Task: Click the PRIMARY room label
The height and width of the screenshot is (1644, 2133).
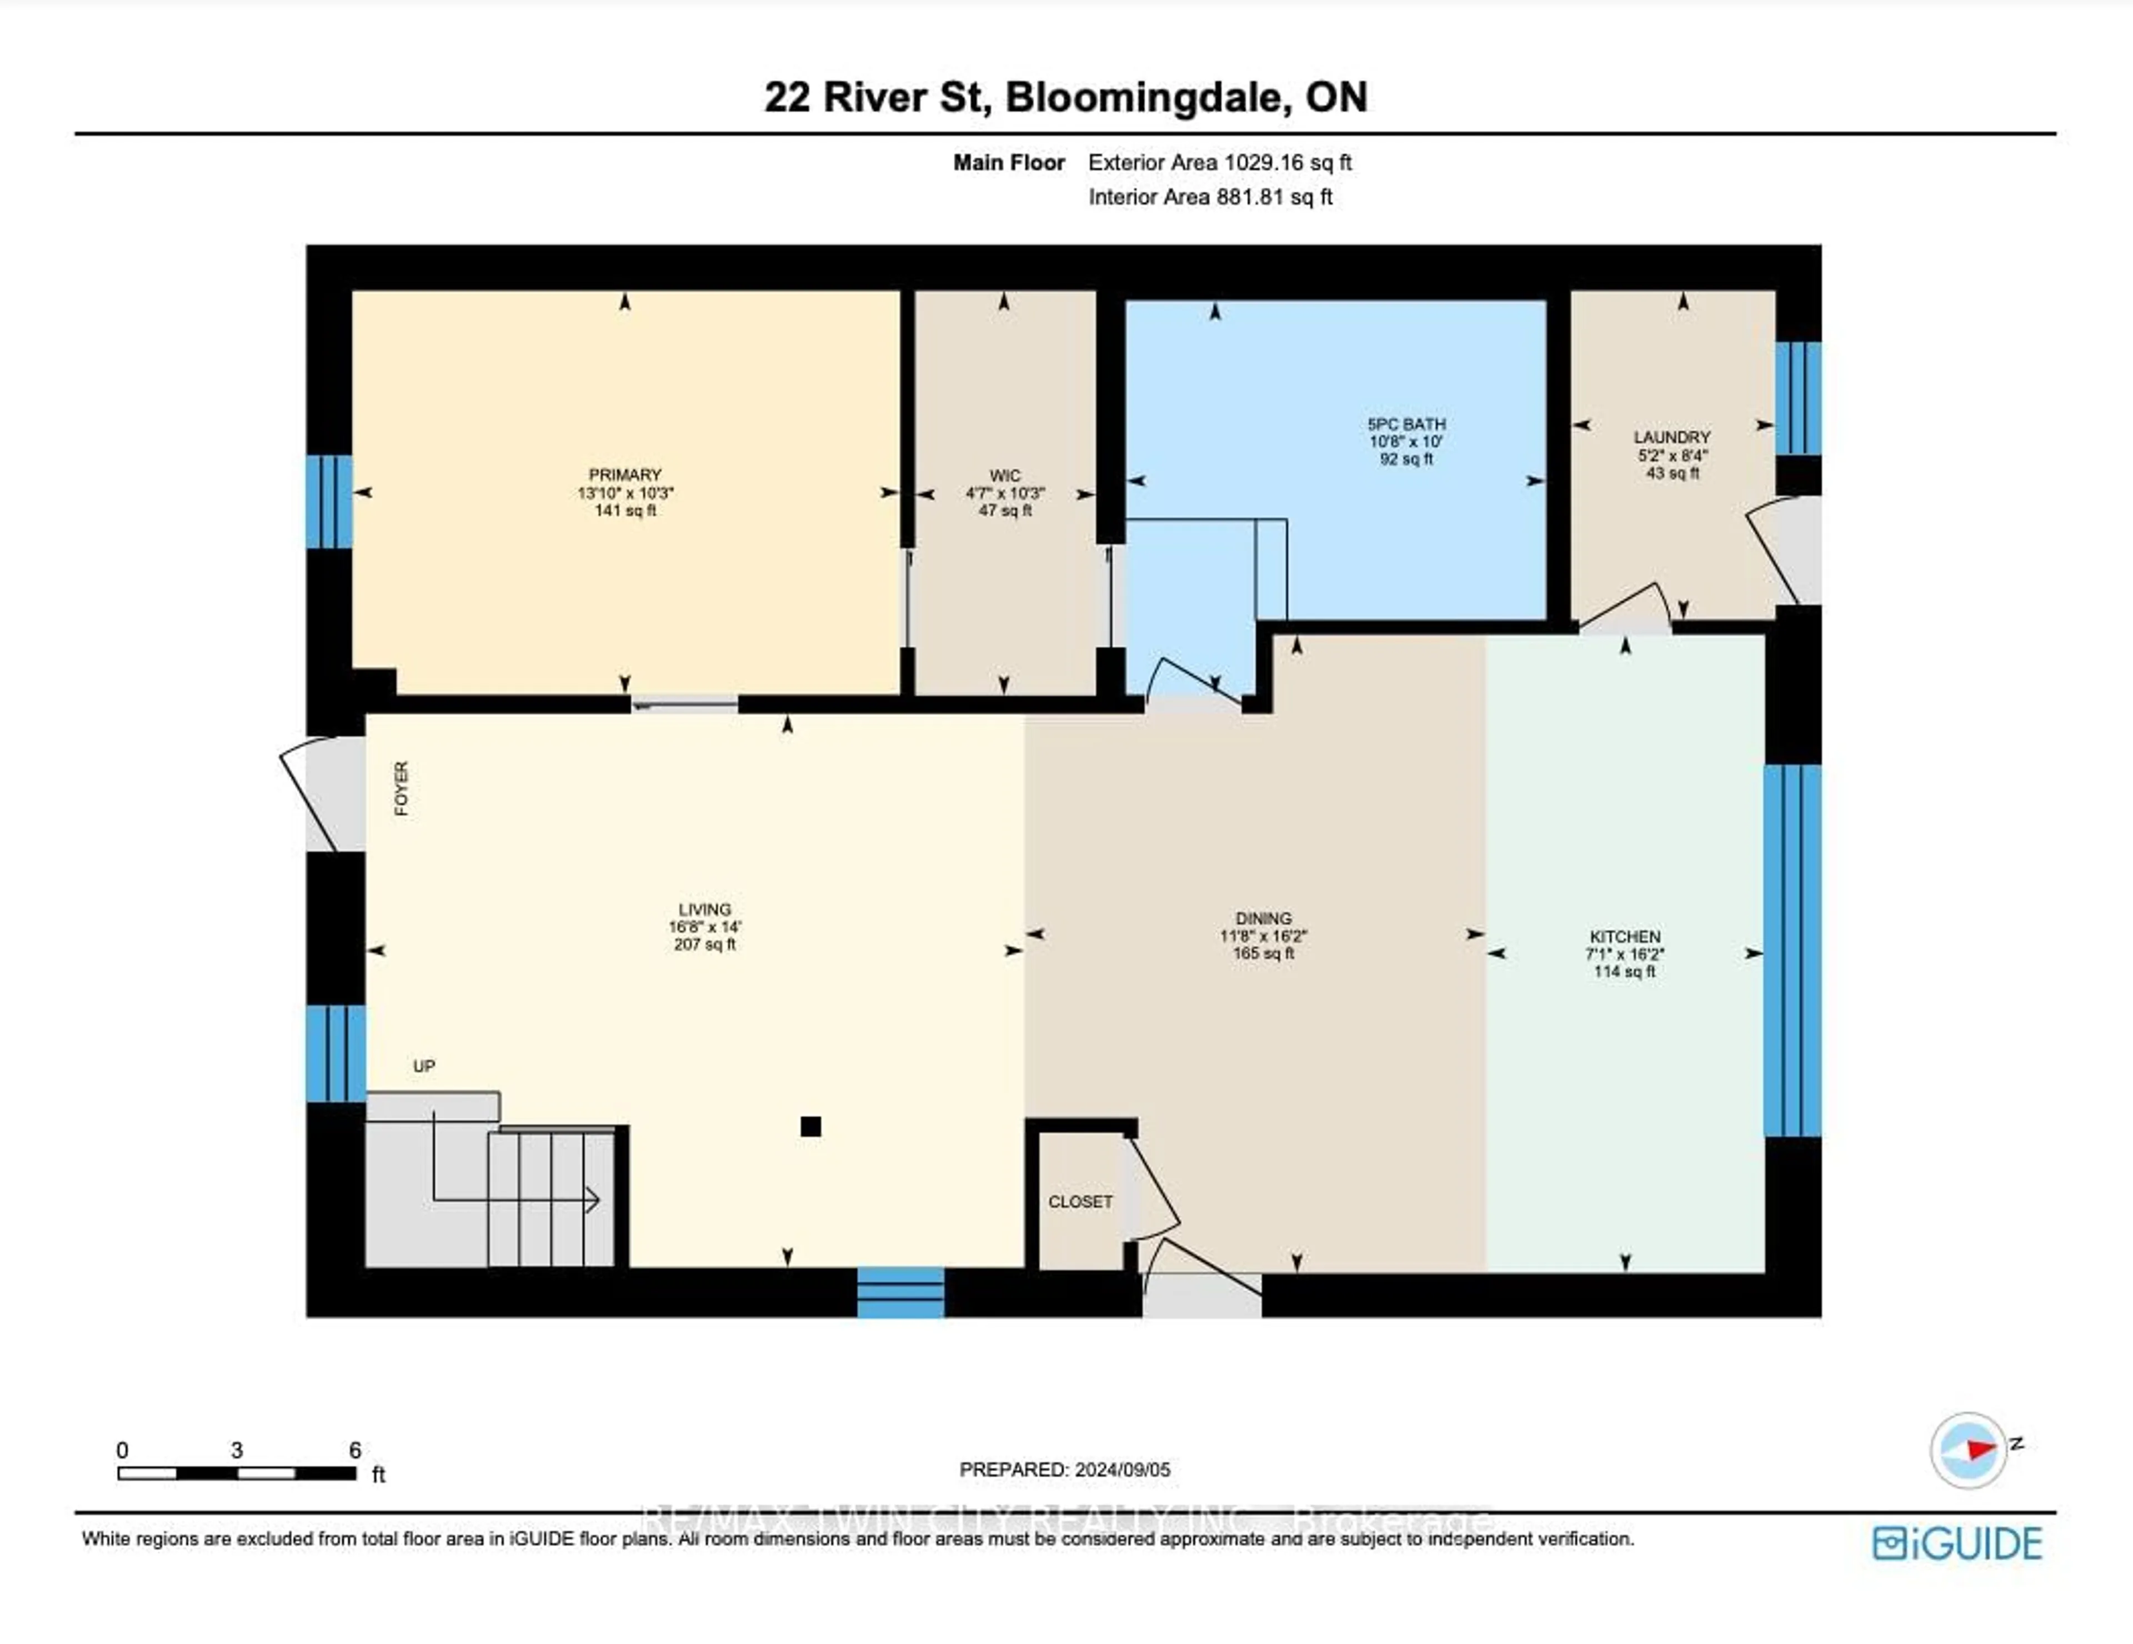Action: tap(625, 474)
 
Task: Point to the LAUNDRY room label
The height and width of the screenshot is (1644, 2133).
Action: tap(1672, 437)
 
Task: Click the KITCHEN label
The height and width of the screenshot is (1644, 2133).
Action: tap(1624, 936)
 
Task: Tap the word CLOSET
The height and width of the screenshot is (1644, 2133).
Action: tap(1080, 1202)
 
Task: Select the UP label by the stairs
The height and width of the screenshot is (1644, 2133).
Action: tap(424, 1066)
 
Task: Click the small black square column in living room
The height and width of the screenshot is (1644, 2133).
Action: tap(810, 1126)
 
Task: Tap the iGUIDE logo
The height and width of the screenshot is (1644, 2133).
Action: tap(1957, 1543)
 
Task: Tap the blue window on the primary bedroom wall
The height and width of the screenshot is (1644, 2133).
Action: tap(329, 501)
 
